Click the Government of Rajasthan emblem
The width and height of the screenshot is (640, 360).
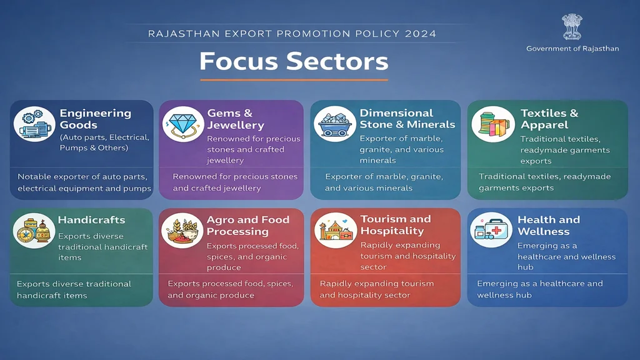pyautogui.click(x=571, y=27)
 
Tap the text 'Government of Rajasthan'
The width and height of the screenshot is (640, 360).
pyautogui.click(x=572, y=49)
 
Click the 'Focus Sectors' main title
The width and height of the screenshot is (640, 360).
pyautogui.click(x=294, y=61)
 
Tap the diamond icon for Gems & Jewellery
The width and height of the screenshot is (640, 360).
pyautogui.click(x=182, y=123)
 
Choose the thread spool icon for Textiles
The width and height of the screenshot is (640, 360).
pyautogui.click(x=491, y=122)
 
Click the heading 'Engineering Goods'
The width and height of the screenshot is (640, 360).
pyautogui.click(x=95, y=119)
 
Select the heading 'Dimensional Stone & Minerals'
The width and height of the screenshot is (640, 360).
pyautogui.click(x=407, y=119)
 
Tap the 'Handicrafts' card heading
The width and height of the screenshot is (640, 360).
pyautogui.click(x=91, y=220)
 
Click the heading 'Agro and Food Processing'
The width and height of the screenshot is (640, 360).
pyautogui.click(x=247, y=226)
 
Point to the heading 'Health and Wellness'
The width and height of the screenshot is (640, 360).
pyautogui.click(x=548, y=226)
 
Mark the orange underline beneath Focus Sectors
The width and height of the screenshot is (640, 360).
pyautogui.click(x=294, y=80)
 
